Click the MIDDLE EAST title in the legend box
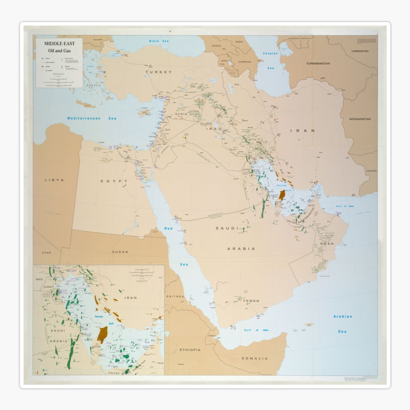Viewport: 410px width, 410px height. tap(59, 44)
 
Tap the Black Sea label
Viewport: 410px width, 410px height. tap(159, 41)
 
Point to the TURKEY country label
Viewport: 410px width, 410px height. tap(158, 72)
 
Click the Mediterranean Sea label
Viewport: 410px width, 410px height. tap(92, 118)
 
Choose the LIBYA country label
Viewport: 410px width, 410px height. tap(54, 180)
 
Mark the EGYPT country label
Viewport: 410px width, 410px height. tap(114, 181)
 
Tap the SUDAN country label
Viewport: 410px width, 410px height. tap(120, 252)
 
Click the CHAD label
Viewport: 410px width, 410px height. tap(46, 252)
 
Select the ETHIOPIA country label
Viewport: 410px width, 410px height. tap(190, 350)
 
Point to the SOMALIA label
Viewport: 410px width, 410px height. tap(255, 358)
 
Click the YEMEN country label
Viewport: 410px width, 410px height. tap(251, 301)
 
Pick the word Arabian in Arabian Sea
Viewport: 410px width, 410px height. tap(342, 316)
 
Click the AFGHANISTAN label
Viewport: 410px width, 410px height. tap(359, 119)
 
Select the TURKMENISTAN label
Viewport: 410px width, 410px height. tap(318, 64)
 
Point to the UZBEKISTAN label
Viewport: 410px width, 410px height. tap(360, 51)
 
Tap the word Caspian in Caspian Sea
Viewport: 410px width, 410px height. tap(270, 53)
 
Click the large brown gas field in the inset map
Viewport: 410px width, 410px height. tap(102, 334)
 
